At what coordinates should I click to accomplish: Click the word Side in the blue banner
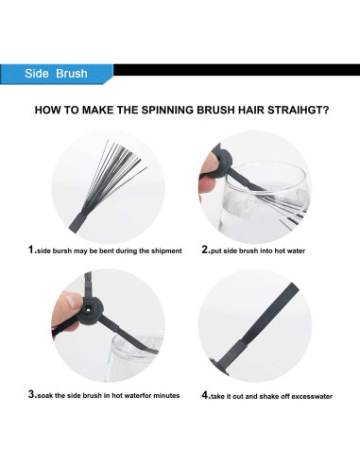pos(37,74)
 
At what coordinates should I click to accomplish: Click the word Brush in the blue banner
pos(72,74)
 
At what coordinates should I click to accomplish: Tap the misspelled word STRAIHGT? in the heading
pos(299,111)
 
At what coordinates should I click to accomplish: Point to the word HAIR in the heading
pos(251,111)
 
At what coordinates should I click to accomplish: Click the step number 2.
pos(206,250)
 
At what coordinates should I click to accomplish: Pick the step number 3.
pos(32,394)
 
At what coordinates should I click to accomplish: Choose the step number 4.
pos(206,395)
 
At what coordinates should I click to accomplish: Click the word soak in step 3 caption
pos(45,395)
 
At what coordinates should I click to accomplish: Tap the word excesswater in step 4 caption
pos(312,396)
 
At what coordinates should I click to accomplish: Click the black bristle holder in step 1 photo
pos(77,220)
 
